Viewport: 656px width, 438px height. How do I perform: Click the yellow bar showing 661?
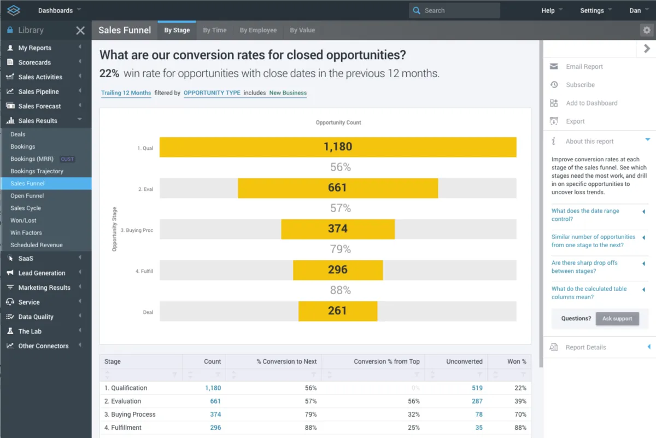point(337,188)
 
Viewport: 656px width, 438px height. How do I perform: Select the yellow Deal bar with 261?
point(337,311)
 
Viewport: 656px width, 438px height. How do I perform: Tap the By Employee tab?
point(258,31)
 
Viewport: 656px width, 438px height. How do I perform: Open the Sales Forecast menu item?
point(39,106)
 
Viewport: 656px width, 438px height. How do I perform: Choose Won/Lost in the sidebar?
point(24,220)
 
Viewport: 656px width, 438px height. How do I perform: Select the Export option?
point(575,121)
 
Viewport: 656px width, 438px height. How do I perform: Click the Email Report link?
point(584,67)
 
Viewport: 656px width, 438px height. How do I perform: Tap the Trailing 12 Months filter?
point(126,93)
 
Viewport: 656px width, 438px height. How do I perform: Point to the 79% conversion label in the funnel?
point(340,249)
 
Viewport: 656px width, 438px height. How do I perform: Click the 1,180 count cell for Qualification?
point(213,388)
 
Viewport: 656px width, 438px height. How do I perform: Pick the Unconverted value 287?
point(477,401)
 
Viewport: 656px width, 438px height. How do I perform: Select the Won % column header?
point(517,361)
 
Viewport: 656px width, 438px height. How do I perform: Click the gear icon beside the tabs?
point(647,31)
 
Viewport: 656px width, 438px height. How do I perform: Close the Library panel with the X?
point(80,31)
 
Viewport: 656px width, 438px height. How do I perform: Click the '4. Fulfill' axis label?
point(144,271)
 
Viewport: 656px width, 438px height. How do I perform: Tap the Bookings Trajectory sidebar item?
point(37,171)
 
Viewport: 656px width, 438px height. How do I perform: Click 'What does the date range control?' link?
point(585,215)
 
